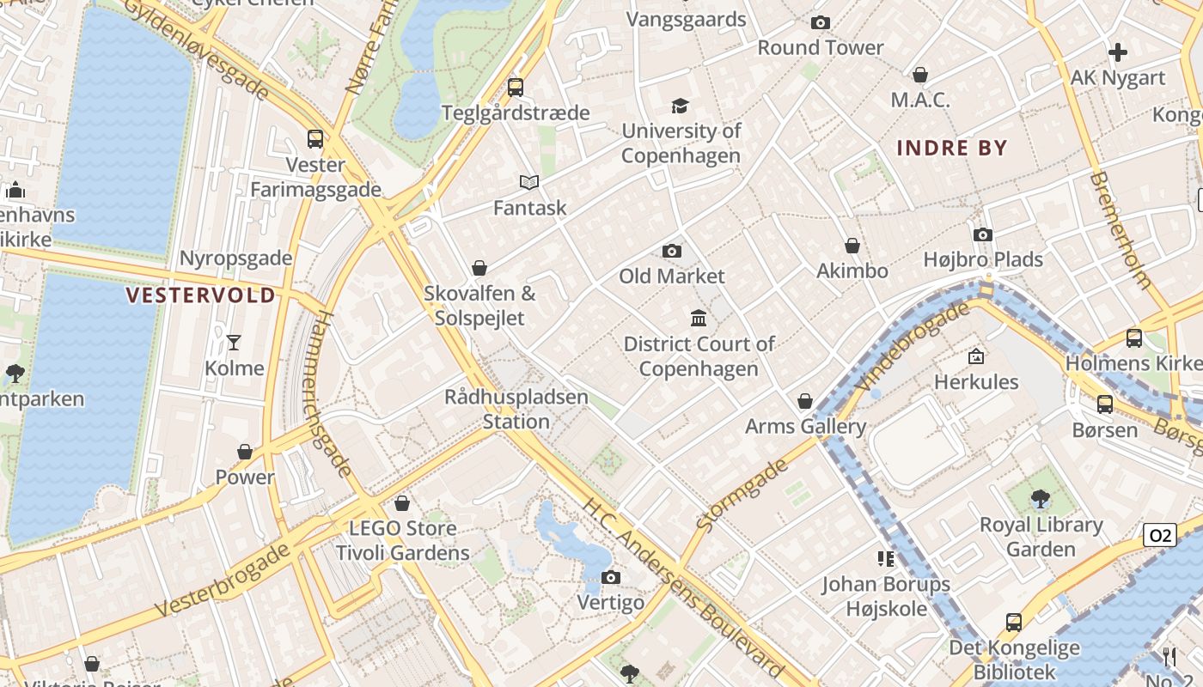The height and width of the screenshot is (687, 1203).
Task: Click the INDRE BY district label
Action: pyautogui.click(x=951, y=148)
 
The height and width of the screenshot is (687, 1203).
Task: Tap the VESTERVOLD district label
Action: pyautogui.click(x=201, y=295)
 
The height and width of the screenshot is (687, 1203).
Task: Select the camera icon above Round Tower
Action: pyautogui.click(x=821, y=23)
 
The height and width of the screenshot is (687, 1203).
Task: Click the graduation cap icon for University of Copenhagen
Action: pyautogui.click(x=681, y=106)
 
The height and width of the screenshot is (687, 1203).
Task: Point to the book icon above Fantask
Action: pyautogui.click(x=529, y=182)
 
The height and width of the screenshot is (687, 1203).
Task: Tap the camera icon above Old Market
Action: pyautogui.click(x=672, y=251)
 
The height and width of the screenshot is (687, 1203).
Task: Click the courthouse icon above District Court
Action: pyautogui.click(x=699, y=319)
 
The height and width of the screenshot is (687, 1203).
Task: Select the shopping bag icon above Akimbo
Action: pyautogui.click(x=852, y=246)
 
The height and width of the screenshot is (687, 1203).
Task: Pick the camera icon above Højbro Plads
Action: pyautogui.click(x=983, y=234)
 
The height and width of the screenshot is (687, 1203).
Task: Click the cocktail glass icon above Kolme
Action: pyautogui.click(x=234, y=343)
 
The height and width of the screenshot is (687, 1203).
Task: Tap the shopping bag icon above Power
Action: pyautogui.click(x=245, y=452)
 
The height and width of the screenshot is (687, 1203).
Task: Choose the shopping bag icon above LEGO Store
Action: pyautogui.click(x=402, y=503)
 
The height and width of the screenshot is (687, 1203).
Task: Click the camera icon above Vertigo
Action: pyautogui.click(x=611, y=577)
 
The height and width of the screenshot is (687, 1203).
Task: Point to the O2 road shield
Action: pyautogui.click(x=1160, y=536)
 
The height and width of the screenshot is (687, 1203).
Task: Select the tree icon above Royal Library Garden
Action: pyautogui.click(x=1041, y=498)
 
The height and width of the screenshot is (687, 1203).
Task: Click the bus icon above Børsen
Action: pyautogui.click(x=1105, y=404)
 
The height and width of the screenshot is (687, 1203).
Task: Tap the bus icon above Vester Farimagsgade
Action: pyautogui.click(x=315, y=138)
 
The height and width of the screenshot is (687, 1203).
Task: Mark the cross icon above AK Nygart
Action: pyautogui.click(x=1118, y=53)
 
